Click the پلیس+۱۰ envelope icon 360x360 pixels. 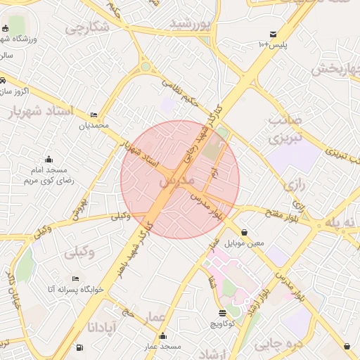273,34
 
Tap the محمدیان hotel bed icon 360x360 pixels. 94,115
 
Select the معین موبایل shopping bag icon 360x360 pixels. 244,232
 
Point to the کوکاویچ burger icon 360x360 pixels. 223,313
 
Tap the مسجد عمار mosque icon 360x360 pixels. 163,335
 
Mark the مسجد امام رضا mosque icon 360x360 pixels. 49,159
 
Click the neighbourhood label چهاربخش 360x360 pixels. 335,70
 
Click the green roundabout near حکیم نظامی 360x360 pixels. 145,67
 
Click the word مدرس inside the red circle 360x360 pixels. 176,181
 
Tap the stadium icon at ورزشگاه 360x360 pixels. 6,29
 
